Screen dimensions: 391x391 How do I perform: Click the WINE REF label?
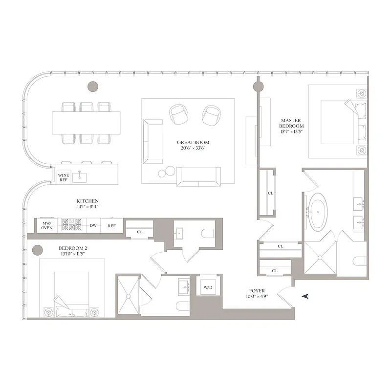click(x=63, y=177)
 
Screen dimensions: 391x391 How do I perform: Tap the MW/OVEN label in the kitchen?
click(x=47, y=225)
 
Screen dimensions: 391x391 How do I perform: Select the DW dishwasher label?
click(x=93, y=225)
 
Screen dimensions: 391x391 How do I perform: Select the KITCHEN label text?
click(x=87, y=201)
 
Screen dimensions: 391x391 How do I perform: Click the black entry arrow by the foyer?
click(x=306, y=296)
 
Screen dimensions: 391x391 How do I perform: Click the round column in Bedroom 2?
click(x=37, y=251)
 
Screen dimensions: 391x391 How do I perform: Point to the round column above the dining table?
click(x=92, y=87)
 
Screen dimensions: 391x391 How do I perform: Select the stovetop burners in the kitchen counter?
click(x=72, y=225)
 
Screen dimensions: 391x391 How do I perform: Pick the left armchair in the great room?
click(x=178, y=114)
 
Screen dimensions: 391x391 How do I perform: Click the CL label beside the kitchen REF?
click(x=139, y=232)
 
